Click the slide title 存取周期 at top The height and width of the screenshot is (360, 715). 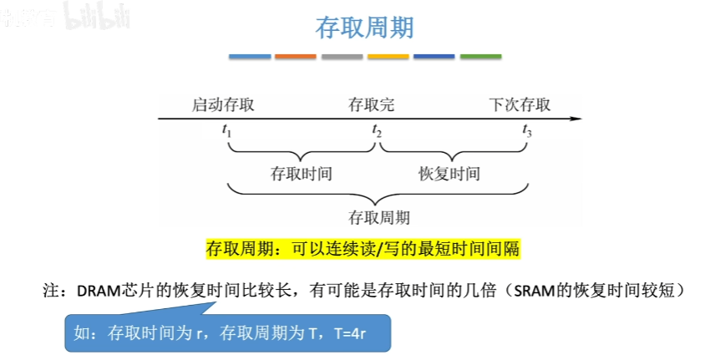click(364, 28)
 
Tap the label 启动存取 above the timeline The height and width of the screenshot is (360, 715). click(223, 105)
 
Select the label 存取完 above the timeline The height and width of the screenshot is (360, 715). click(371, 105)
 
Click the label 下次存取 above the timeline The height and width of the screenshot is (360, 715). click(520, 105)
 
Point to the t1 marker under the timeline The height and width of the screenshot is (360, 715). click(226, 131)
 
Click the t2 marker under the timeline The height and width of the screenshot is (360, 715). click(377, 131)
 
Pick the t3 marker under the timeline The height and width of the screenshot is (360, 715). click(527, 131)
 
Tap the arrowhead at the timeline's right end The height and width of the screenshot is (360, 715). click(576, 119)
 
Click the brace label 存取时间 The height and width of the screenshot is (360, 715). click(302, 174)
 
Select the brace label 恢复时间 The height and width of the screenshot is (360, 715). click(449, 174)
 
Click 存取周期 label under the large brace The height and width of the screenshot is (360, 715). click(378, 218)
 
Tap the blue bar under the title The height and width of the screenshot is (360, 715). click(250, 57)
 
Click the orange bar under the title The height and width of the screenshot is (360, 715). click(296, 57)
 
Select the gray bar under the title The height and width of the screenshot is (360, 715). click(342, 57)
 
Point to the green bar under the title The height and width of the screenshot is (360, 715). click(480, 57)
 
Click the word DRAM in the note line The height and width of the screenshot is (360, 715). click(96, 292)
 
